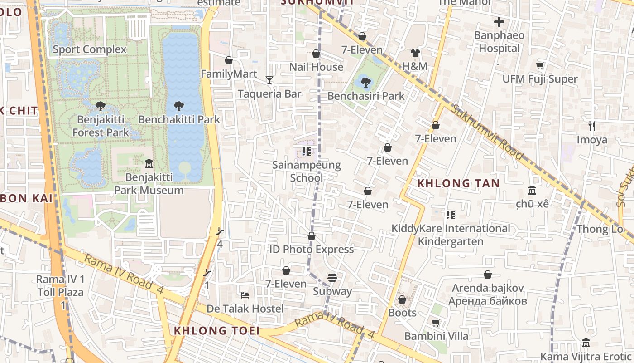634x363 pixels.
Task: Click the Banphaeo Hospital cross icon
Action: coord(499,22)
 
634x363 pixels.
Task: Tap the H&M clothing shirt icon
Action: coord(415,53)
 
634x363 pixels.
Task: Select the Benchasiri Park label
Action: coord(366,96)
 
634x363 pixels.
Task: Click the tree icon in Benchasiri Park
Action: coord(366,83)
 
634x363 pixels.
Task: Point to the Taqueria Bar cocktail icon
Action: coord(269,80)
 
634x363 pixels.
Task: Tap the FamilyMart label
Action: coord(229,74)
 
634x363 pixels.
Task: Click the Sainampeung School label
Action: coord(307,171)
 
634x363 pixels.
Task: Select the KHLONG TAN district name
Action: coord(458,184)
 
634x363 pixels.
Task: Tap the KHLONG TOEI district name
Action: coord(217,331)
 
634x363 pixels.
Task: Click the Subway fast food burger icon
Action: coord(332,277)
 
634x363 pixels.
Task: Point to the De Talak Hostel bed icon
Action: coord(245,295)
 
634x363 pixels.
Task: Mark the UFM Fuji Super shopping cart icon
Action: coord(540,66)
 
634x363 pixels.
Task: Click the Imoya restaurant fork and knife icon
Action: coord(591,126)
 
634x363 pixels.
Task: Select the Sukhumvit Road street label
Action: coord(487,132)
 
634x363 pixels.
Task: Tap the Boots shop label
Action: coord(402,313)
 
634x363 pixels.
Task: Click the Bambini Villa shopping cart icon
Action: coord(436,323)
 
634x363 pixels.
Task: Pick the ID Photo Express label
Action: coord(312,250)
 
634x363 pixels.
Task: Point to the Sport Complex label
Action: coord(90,49)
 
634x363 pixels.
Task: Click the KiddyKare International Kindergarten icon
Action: coord(450,215)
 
